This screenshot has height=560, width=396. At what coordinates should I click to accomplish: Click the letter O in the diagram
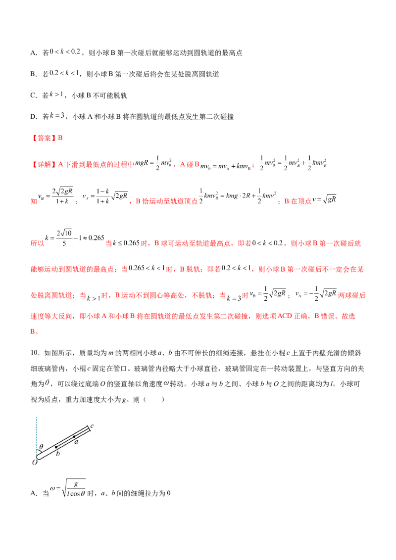(35, 462)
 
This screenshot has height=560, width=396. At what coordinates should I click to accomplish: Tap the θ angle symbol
(41, 447)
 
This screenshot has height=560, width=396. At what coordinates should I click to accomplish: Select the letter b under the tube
(57, 453)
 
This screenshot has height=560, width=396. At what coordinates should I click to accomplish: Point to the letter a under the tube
(76, 442)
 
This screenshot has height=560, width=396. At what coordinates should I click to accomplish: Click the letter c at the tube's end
(92, 425)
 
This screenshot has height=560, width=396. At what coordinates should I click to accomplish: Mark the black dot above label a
(74, 436)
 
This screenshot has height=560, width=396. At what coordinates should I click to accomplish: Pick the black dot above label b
(56, 447)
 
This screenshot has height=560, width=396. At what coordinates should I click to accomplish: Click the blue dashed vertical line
(37, 430)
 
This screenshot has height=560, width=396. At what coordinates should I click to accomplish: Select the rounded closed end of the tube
(39, 459)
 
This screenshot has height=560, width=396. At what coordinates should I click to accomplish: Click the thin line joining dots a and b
(65, 442)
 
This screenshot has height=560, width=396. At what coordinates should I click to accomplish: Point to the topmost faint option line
(63, 50)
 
